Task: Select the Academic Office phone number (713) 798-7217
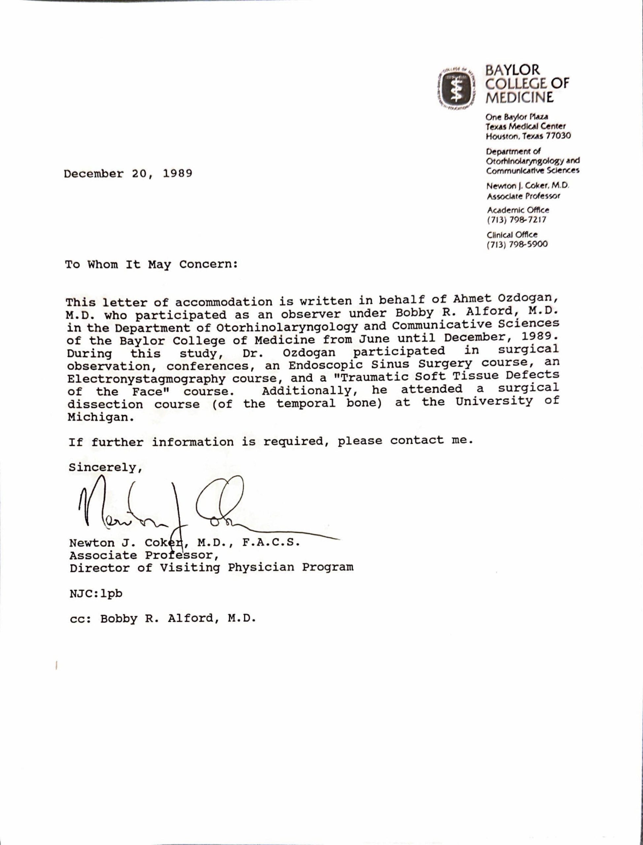(516, 220)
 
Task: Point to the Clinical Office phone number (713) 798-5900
(517, 244)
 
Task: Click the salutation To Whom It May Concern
(152, 264)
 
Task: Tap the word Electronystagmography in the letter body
(146, 379)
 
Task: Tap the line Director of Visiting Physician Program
(211, 567)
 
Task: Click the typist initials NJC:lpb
(96, 593)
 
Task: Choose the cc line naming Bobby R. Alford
(163, 619)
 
